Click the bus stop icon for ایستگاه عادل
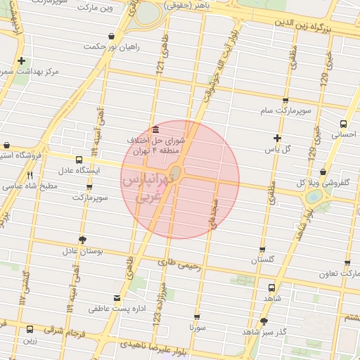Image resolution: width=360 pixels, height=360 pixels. (x=78, y=160)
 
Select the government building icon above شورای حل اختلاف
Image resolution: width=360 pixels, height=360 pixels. (x=155, y=129)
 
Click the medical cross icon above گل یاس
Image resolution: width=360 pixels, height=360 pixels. (x=277, y=138)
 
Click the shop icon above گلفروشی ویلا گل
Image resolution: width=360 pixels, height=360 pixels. (x=322, y=172)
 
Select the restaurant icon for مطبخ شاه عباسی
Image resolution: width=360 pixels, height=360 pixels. (x=30, y=176)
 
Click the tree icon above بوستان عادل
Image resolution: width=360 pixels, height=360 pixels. (x=83, y=239)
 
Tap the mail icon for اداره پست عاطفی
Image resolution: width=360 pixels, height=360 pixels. (x=116, y=297)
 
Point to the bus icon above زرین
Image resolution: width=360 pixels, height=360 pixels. (x=30, y=329)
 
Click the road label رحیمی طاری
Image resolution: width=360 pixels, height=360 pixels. (x=180, y=265)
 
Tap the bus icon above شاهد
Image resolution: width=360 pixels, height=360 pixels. (x=271, y=287)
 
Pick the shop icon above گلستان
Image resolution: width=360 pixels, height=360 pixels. (x=262, y=249)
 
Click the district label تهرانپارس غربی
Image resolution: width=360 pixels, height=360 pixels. (x=141, y=188)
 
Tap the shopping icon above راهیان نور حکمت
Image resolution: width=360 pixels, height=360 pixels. (x=111, y=36)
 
